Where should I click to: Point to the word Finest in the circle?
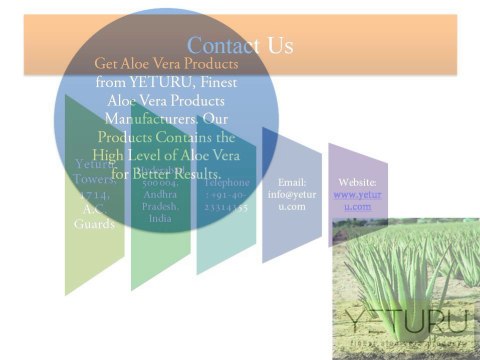click(222, 83)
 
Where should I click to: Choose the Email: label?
click(291, 183)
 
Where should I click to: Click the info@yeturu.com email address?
click(291, 200)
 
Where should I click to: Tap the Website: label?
click(357, 183)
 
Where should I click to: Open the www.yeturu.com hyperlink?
click(357, 200)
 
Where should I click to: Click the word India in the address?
click(160, 217)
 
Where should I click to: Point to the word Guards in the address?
click(94, 224)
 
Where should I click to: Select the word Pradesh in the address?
click(160, 206)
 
